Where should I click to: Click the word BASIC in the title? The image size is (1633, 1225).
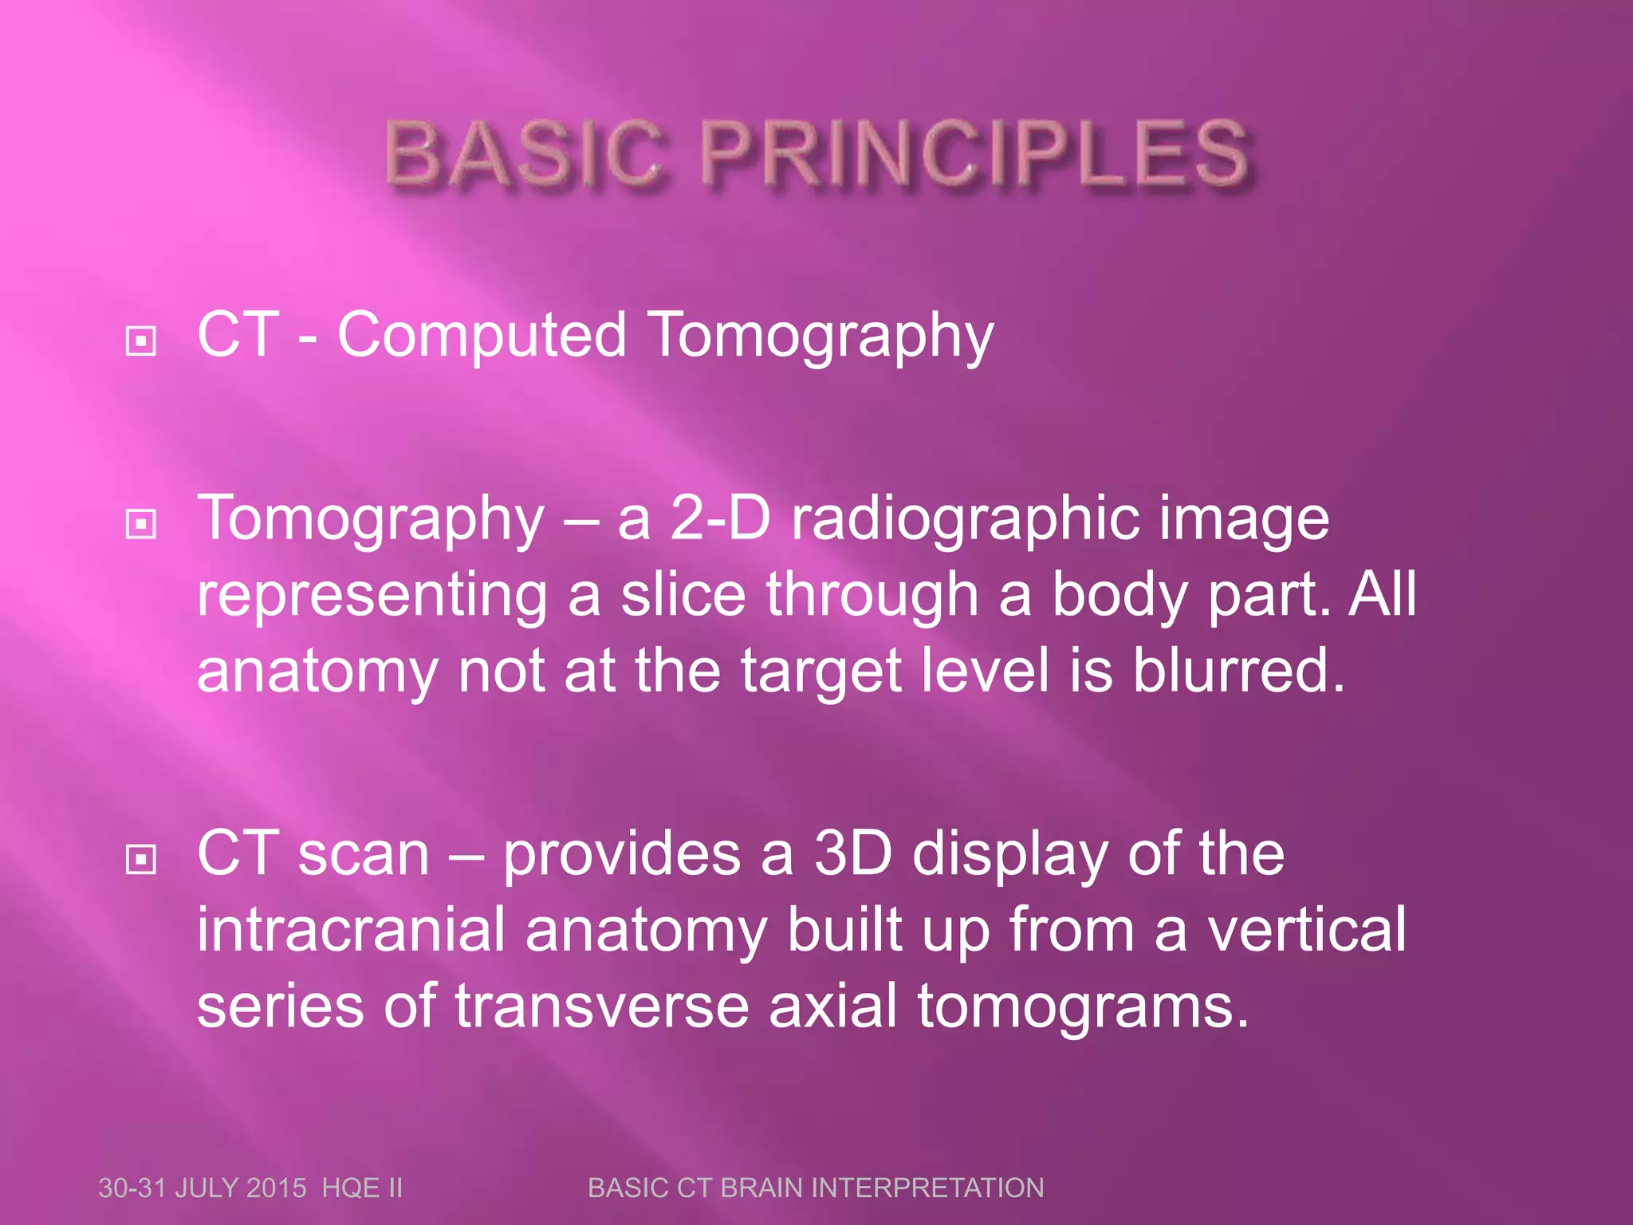point(524,154)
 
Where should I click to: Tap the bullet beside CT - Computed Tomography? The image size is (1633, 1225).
point(141,341)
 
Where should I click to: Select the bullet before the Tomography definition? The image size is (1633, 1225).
point(141,524)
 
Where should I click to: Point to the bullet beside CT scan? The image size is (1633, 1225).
point(141,859)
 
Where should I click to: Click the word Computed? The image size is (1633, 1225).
point(482,336)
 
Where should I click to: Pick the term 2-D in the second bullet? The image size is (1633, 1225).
point(720,519)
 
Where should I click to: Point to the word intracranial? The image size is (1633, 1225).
point(351,930)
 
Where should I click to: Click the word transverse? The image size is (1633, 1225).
point(602,1006)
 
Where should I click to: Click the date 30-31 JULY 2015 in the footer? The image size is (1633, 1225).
point(202,1188)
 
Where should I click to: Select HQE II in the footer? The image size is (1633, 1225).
point(362,1188)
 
